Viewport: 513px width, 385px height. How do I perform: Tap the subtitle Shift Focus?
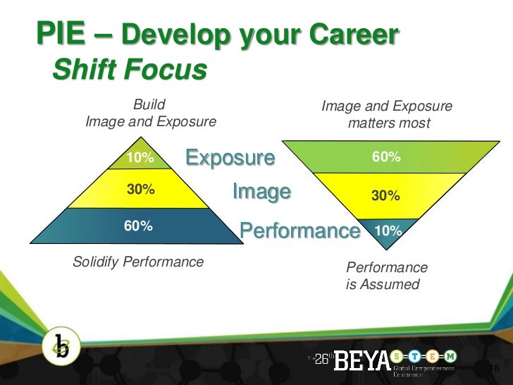click(130, 70)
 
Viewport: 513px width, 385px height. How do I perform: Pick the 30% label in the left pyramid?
click(140, 190)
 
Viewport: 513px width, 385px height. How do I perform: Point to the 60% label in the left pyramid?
click(139, 226)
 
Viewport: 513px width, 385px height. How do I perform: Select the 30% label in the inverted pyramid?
click(386, 195)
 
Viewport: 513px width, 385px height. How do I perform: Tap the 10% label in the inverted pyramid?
click(388, 231)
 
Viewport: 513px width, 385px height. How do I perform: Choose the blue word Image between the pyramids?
click(261, 191)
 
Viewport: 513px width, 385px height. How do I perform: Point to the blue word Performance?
click(299, 231)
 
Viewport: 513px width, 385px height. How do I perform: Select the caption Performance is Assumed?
click(386, 276)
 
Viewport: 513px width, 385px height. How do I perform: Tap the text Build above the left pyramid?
click(149, 106)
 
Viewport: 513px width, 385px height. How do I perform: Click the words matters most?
click(388, 123)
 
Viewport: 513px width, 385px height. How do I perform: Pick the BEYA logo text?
click(361, 361)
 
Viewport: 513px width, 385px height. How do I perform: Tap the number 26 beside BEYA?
click(321, 358)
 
